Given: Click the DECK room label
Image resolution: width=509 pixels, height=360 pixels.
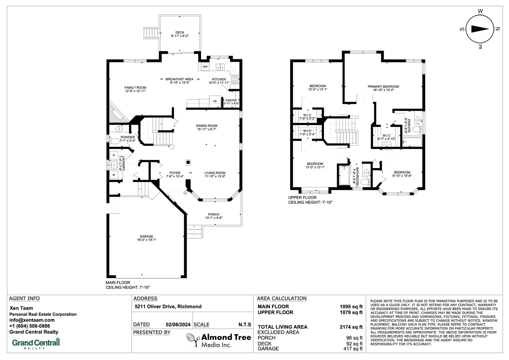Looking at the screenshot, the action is pyautogui.click(x=180, y=32).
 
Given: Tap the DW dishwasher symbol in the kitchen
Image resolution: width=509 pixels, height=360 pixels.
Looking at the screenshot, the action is pyautogui.click(x=205, y=67).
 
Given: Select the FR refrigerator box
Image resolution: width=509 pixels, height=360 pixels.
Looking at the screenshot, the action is pyautogui.click(x=215, y=102).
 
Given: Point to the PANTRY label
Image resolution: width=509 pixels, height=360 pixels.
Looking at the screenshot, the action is pyautogui.click(x=231, y=100).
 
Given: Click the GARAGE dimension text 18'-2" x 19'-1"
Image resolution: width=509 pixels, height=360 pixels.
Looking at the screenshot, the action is pyautogui.click(x=147, y=240).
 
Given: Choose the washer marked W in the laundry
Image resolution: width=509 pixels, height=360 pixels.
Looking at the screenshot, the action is pyautogui.click(x=114, y=175).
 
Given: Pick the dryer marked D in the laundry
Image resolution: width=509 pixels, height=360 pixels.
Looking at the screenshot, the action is pyautogui.click(x=114, y=155).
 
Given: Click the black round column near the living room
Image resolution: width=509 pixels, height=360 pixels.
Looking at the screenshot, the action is pyautogui.click(x=188, y=162).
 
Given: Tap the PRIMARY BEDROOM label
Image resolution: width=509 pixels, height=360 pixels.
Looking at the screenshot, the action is pyautogui.click(x=383, y=86).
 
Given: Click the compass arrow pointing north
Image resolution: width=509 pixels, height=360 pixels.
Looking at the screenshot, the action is pyautogui.click(x=480, y=29).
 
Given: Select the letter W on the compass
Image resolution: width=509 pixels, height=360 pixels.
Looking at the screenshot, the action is pyautogui.click(x=480, y=11).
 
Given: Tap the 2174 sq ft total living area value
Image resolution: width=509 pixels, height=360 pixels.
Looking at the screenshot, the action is pyautogui.click(x=351, y=327).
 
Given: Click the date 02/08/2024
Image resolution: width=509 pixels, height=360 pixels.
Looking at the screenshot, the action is pyautogui.click(x=178, y=325).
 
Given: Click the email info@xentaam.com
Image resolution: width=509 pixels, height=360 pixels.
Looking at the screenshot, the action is pyautogui.click(x=32, y=320).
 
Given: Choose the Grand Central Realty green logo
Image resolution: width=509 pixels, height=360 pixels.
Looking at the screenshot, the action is pyautogui.click(x=36, y=344).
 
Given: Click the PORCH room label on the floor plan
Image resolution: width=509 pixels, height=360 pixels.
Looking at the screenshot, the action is pyautogui.click(x=213, y=215).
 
